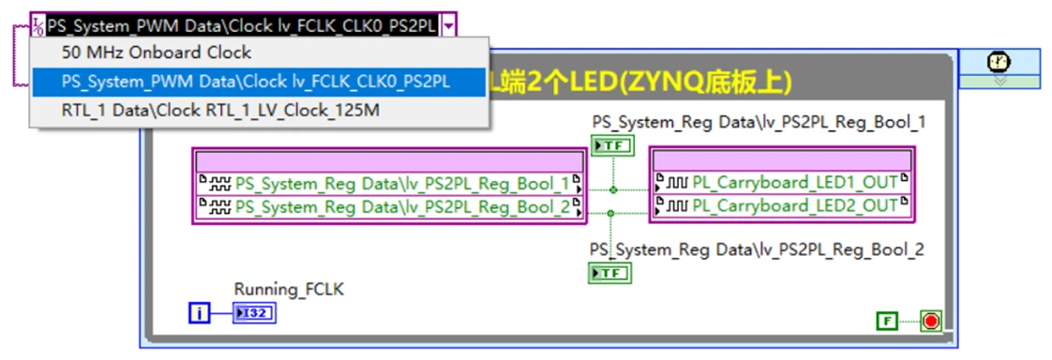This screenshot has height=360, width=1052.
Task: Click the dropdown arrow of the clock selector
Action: [x=450, y=25]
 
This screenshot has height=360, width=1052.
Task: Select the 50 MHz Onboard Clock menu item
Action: [x=157, y=52]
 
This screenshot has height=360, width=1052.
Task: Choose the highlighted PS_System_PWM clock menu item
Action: [x=256, y=82]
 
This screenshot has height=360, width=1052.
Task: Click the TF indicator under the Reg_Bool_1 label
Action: [x=612, y=145]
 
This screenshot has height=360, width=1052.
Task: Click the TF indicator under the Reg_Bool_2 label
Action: [x=610, y=273]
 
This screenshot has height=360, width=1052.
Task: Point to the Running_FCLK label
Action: [x=289, y=290]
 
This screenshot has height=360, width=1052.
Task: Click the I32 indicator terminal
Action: [x=256, y=312]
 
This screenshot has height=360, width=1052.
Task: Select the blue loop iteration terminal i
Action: [x=200, y=312]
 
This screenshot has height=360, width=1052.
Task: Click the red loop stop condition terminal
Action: [x=930, y=322]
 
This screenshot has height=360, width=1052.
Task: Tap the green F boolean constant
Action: [x=886, y=322]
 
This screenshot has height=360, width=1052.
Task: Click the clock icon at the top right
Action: [x=999, y=62]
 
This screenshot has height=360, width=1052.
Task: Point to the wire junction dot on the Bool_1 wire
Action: [x=613, y=189]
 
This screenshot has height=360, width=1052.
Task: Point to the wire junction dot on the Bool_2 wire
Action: [x=610, y=214]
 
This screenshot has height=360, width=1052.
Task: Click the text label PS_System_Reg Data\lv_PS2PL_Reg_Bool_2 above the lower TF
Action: [x=757, y=249]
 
